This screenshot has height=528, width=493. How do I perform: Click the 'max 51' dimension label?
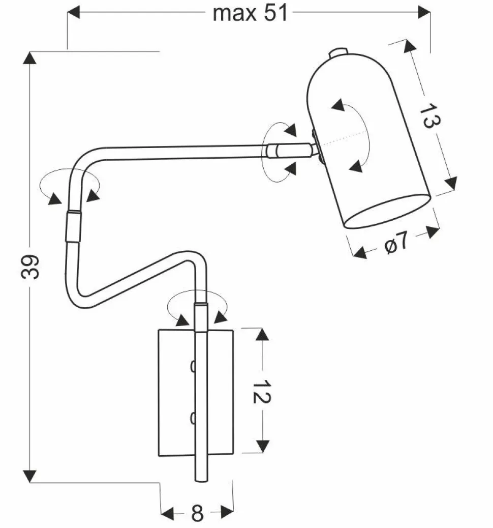pyautogui.click(x=251, y=13)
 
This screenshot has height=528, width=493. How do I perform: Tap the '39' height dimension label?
pyautogui.click(x=30, y=267)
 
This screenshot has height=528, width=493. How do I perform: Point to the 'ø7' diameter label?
pyautogui.click(x=396, y=242)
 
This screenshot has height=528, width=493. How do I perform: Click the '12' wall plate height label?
pyautogui.click(x=261, y=391)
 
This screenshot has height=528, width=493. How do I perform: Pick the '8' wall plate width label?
pyautogui.click(x=198, y=513)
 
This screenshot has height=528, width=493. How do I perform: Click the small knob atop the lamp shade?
pyautogui.click(x=338, y=52)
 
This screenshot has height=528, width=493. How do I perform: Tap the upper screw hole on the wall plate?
pyautogui.click(x=193, y=366)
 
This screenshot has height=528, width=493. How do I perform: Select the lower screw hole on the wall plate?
pyautogui.click(x=193, y=418)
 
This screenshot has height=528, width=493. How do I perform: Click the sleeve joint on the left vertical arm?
pyautogui.click(x=73, y=226)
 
